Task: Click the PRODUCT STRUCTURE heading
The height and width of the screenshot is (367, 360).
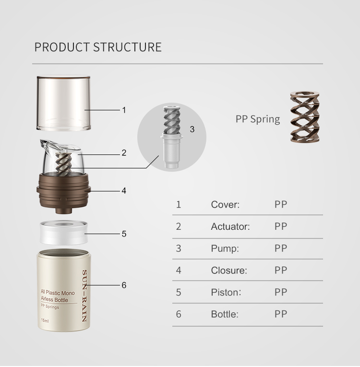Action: (x=98, y=47)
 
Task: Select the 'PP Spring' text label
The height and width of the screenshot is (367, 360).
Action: (x=257, y=119)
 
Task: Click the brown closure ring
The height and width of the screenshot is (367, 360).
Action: (x=63, y=190)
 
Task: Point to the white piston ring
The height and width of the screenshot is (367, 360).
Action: (x=63, y=233)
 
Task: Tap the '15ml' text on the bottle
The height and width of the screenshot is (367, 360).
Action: (x=45, y=320)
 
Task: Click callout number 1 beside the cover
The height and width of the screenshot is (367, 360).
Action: (x=124, y=110)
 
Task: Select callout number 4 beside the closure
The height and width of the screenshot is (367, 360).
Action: (x=124, y=191)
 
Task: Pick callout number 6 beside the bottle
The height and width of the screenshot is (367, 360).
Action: (x=124, y=285)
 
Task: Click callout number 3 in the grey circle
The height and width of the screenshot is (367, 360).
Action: (x=192, y=130)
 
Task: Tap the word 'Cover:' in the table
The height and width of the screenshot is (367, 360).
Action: (x=225, y=205)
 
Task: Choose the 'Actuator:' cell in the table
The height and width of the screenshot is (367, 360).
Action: (x=230, y=227)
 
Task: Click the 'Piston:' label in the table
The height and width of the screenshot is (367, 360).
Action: (x=226, y=293)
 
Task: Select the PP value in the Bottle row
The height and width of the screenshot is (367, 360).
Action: (x=281, y=314)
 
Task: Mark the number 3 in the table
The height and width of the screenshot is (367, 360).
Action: (x=179, y=249)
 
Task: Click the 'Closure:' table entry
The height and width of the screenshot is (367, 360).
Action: (x=229, y=271)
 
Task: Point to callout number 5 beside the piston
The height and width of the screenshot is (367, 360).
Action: (x=124, y=234)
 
